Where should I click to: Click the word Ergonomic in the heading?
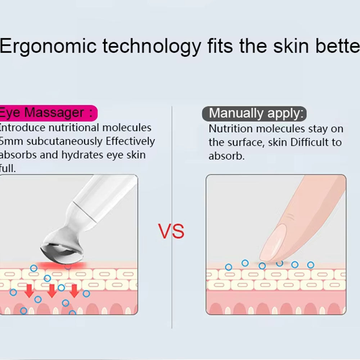[x=49, y=46]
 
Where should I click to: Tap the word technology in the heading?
[x=151, y=46]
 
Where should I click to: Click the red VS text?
[x=171, y=231]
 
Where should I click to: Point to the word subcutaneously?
[x=65, y=141]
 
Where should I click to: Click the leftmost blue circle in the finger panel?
[x=228, y=267]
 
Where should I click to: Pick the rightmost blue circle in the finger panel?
[x=311, y=265]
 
